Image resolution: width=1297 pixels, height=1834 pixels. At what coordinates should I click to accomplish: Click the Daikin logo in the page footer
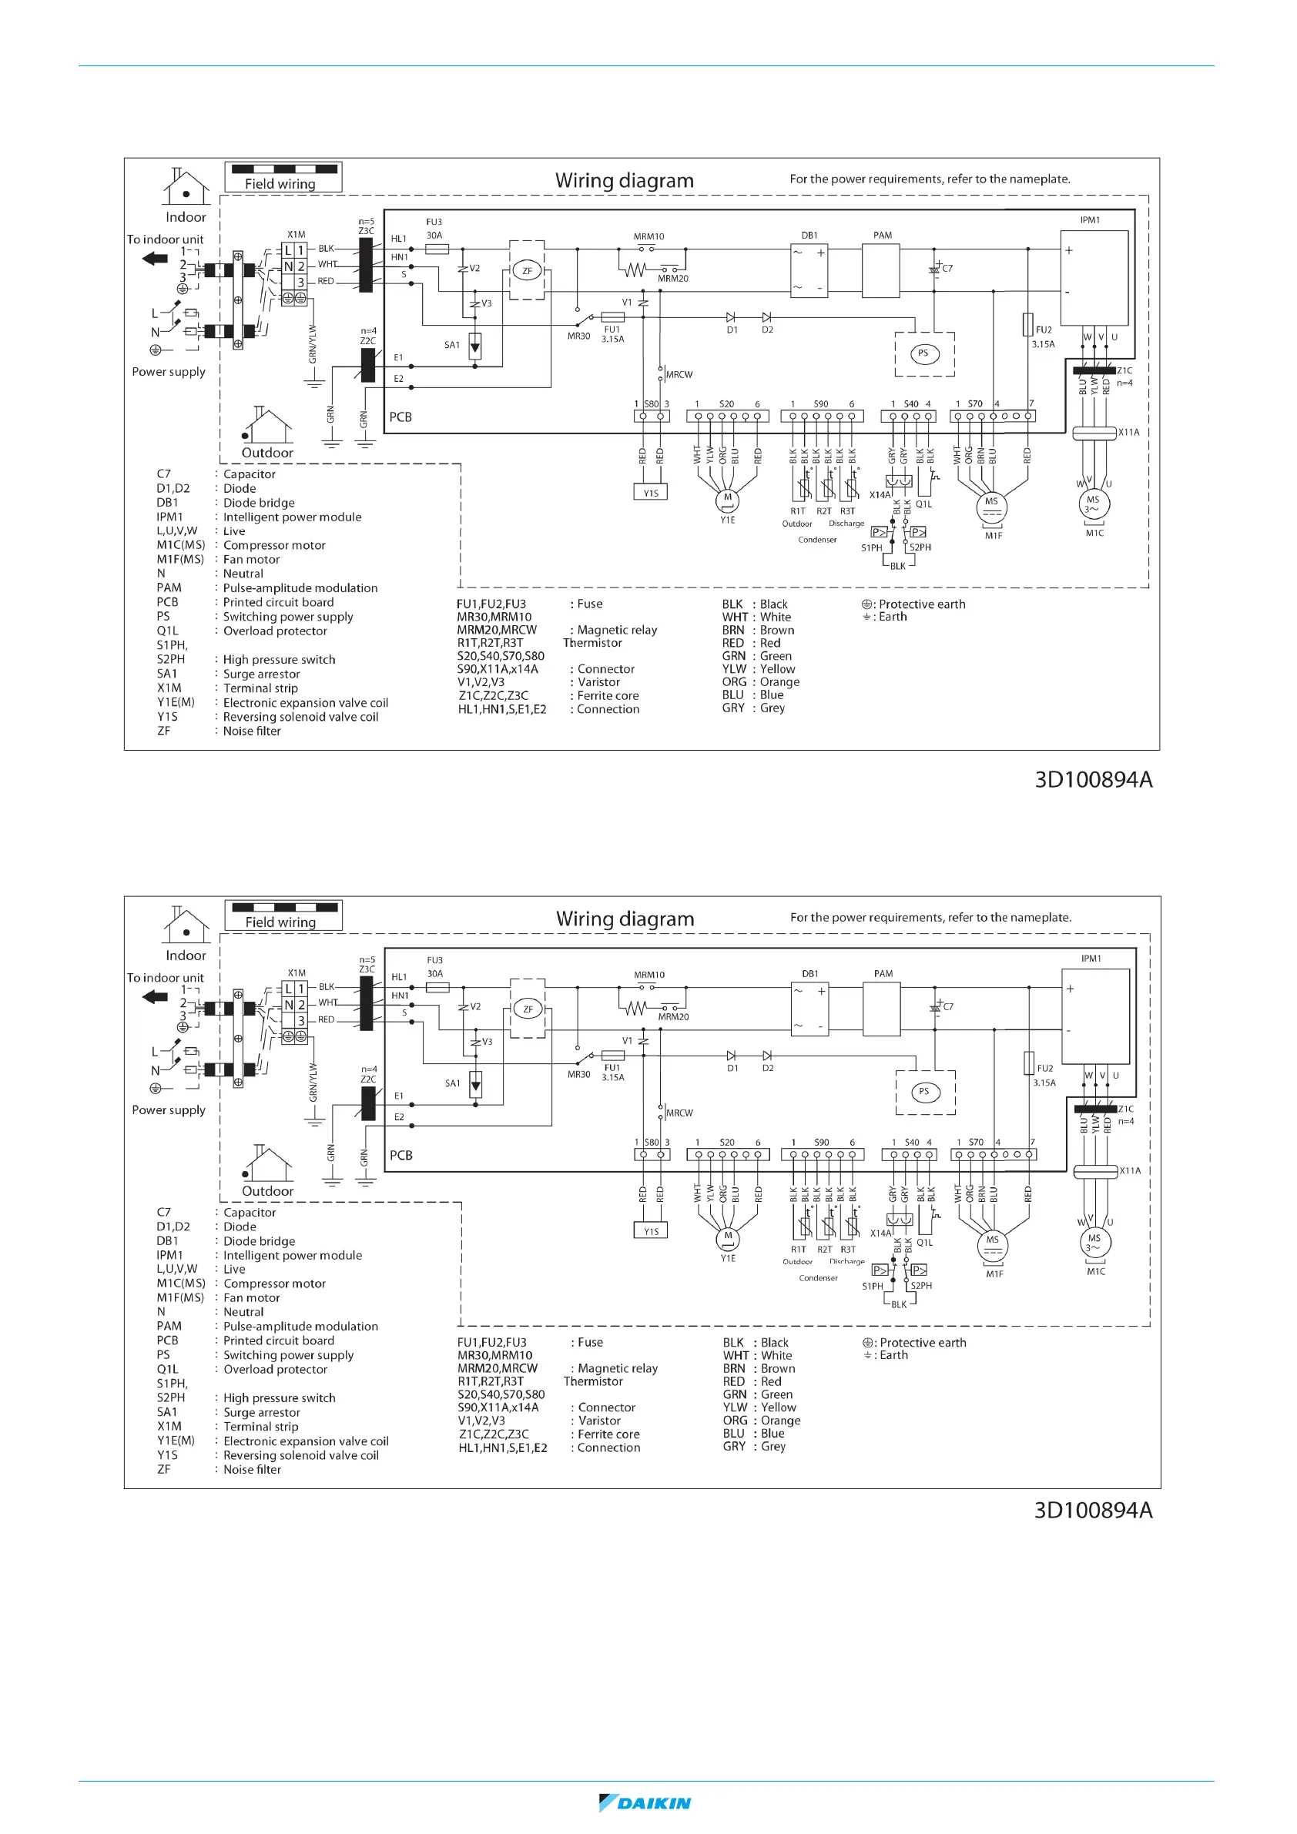pyautogui.click(x=645, y=1803)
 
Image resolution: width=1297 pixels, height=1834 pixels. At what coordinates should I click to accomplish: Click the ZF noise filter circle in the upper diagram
pyautogui.click(x=527, y=271)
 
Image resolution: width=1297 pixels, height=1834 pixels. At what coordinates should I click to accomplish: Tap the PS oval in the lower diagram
pyautogui.click(x=923, y=1091)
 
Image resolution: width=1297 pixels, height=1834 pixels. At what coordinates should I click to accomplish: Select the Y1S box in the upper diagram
pyautogui.click(x=651, y=493)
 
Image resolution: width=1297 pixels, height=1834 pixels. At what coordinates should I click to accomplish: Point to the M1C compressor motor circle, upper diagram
pyautogui.click(x=1092, y=504)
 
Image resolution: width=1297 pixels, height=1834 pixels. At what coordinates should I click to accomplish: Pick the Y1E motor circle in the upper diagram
pyautogui.click(x=727, y=499)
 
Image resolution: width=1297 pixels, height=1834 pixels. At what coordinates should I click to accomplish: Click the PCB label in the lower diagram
pyautogui.click(x=401, y=1155)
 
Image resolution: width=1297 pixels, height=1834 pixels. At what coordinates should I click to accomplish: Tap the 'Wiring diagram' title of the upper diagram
pyautogui.click(x=624, y=180)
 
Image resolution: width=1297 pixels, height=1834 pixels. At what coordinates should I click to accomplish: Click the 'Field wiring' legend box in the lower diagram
pyautogui.click(x=283, y=915)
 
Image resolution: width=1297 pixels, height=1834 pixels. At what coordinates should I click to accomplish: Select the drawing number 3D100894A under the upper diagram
pyautogui.click(x=1093, y=780)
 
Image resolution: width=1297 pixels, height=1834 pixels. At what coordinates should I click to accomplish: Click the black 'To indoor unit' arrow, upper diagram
pyautogui.click(x=155, y=258)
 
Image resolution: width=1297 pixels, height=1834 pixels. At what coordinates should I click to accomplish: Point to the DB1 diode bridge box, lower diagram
pyautogui.click(x=809, y=1008)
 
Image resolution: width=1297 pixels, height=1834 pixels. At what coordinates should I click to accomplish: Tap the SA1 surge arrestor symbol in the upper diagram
pyautogui.click(x=474, y=346)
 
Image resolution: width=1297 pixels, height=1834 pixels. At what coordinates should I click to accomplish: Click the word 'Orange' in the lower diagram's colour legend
pyautogui.click(x=780, y=1421)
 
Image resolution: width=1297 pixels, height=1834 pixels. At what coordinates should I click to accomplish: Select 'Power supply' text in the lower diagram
pyautogui.click(x=169, y=1109)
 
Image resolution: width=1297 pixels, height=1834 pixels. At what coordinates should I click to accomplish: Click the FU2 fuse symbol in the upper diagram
pyautogui.click(x=1027, y=325)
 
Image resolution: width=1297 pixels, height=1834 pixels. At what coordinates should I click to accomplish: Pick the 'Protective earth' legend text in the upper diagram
pyautogui.click(x=921, y=604)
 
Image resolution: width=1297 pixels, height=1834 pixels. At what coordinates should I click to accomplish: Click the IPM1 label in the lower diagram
pyautogui.click(x=1091, y=959)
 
